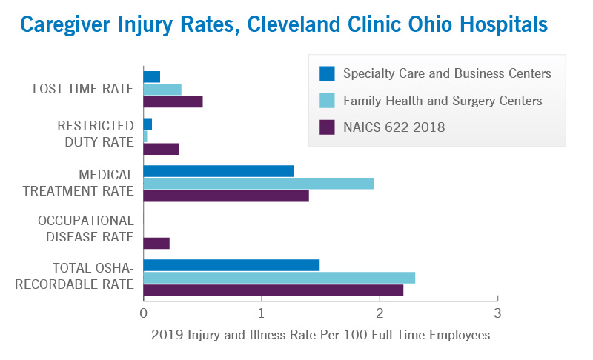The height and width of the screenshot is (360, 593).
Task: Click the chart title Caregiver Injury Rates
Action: pos(284,25)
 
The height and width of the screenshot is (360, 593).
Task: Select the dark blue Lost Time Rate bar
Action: pos(152,77)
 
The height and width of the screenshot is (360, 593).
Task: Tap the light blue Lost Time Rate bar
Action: pos(162,90)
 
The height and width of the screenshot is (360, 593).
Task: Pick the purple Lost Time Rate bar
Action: pos(173,101)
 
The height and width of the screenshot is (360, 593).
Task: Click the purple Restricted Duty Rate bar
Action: pos(161,149)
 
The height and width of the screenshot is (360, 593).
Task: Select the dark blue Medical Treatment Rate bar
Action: pos(218,171)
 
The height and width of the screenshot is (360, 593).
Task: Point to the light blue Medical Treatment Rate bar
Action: pos(258,184)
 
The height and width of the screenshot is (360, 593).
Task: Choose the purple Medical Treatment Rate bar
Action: pos(225,196)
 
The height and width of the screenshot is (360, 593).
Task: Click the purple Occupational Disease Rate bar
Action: pos(156,243)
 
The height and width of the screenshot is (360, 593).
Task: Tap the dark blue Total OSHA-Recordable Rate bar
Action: pos(231,265)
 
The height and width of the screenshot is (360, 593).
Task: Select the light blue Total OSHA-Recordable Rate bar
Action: pos(279,278)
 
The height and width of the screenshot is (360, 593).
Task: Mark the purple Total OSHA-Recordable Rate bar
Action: pos(273,290)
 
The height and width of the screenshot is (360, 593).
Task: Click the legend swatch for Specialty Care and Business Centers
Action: pos(327,74)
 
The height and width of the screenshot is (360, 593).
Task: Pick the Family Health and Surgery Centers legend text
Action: pos(443,101)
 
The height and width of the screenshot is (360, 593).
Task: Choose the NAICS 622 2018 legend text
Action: pos(394,127)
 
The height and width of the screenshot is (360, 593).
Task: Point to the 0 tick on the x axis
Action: pos(143,313)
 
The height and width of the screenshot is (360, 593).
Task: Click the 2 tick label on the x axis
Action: pos(380,313)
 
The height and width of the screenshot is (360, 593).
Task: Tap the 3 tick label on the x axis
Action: pos(497,313)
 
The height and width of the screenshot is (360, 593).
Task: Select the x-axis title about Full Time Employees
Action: pos(320,335)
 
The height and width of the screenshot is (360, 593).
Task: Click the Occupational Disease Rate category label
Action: pos(86,229)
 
